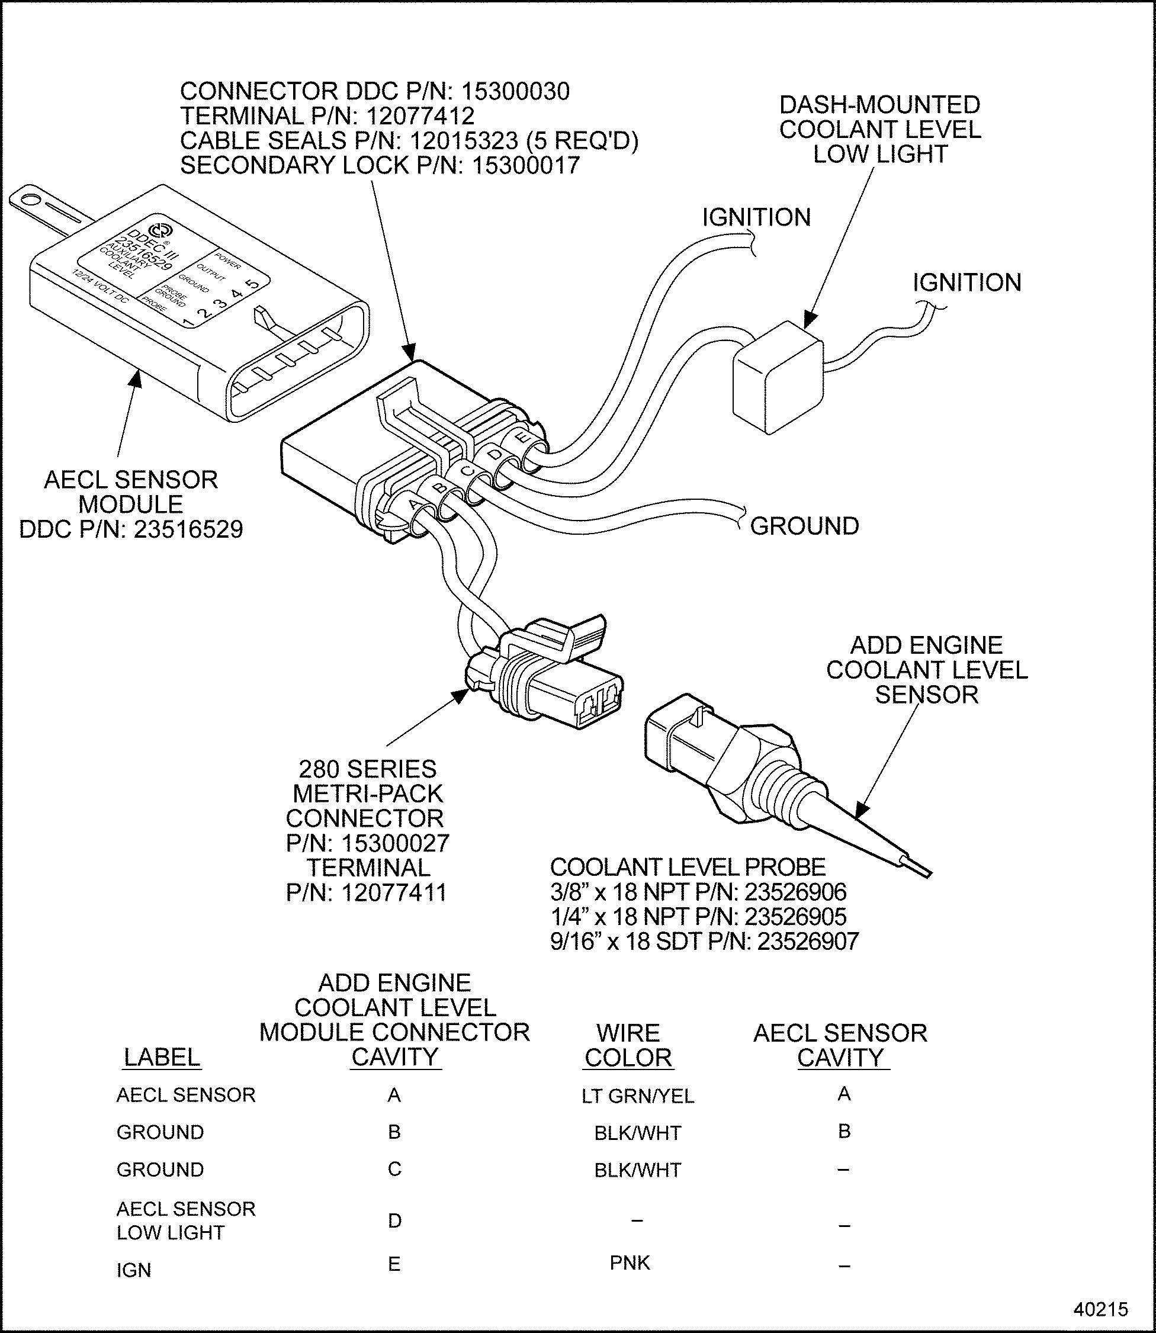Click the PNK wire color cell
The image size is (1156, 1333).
click(x=630, y=1262)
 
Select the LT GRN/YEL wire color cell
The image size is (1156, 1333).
click(x=637, y=1096)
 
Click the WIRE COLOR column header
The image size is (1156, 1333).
click(x=628, y=1045)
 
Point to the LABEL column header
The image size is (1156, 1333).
click(x=162, y=1057)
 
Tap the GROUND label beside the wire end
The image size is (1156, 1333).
click(x=804, y=526)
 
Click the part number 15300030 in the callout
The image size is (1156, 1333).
click(x=515, y=92)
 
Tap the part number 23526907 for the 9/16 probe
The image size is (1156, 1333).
click(x=808, y=942)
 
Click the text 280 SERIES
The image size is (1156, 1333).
click(x=367, y=769)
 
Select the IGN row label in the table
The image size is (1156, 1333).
click(x=133, y=1270)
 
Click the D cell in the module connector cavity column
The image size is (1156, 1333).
click(x=395, y=1220)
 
